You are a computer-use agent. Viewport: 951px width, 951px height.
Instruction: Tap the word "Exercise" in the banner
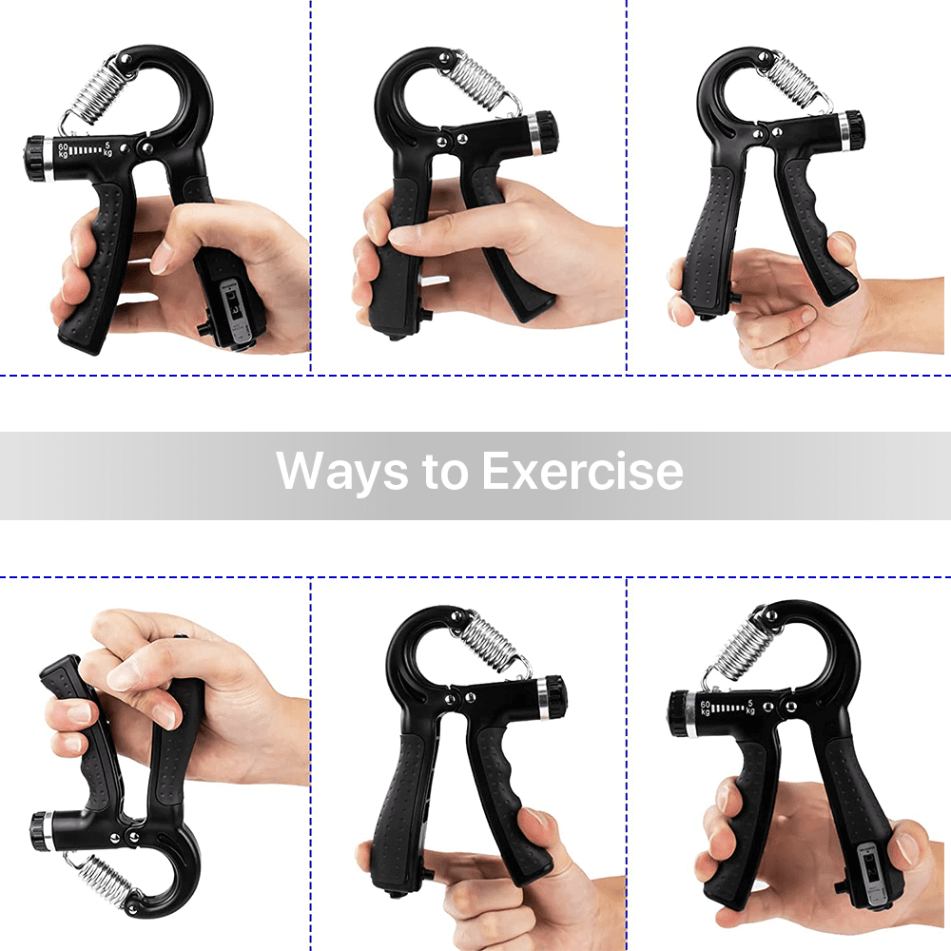[582, 471]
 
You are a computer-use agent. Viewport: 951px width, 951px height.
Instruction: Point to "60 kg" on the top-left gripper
[63, 149]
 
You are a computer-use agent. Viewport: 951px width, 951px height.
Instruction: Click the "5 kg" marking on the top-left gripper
[108, 148]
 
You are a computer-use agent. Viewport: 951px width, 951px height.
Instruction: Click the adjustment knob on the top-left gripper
[36, 157]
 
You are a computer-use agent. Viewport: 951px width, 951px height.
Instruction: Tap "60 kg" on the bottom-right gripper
[705, 708]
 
